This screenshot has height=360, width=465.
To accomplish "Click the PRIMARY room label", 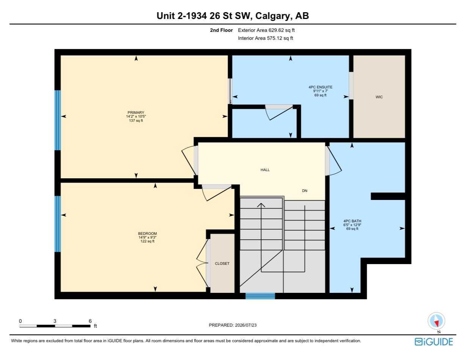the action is (136, 112).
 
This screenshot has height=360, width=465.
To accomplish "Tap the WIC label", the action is (379, 97).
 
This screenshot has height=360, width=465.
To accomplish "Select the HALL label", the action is (265, 170).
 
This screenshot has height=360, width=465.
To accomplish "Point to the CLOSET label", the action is (222, 264).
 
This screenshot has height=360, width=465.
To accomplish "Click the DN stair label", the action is (305, 190).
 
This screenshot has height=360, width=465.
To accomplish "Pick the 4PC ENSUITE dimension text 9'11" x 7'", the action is (320, 91).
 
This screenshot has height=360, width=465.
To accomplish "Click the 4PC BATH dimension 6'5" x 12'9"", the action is (352, 225).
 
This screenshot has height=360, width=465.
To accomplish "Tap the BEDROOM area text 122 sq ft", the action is (147, 241).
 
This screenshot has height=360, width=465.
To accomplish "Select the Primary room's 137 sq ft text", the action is (136, 121).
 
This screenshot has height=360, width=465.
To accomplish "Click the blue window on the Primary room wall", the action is (58, 120).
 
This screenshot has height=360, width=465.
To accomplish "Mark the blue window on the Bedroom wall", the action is (58, 224).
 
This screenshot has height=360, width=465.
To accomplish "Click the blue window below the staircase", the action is (260, 296).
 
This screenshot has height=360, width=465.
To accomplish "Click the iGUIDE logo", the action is (434, 342).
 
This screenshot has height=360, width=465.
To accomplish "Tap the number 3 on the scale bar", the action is (55, 321).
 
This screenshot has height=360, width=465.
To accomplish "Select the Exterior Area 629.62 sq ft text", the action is (266, 30).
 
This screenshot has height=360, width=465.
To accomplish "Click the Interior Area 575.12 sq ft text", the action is (265, 38).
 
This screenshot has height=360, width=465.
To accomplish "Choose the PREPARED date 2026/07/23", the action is (246, 325).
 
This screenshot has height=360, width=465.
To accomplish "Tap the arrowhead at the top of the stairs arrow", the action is (261, 204).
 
